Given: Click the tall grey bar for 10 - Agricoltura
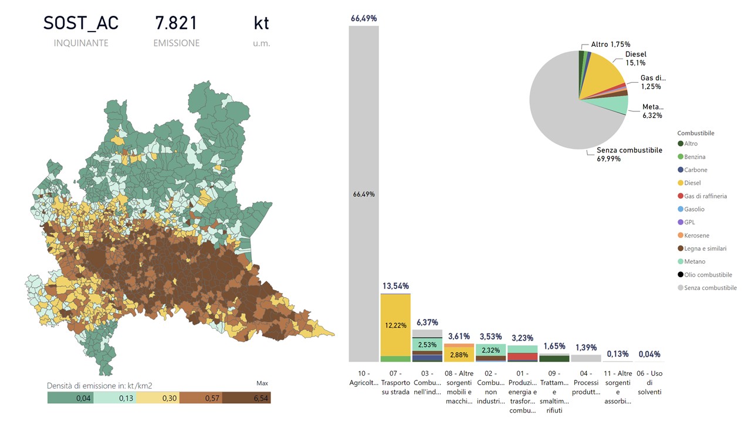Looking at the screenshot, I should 364,193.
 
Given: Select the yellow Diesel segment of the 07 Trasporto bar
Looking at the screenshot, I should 395,325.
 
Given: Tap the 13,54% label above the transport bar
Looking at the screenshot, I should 395,285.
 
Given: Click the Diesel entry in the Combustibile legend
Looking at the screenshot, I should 692,183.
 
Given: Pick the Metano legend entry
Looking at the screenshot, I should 694,261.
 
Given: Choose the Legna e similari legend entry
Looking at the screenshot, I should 705,249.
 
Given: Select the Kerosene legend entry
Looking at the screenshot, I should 696,235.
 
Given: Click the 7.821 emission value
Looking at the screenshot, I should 176,23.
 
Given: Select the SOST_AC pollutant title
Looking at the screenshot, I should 81,23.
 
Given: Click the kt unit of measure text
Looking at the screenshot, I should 261,23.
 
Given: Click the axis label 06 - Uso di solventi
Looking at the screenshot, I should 649,383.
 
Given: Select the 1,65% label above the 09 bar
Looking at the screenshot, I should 554,347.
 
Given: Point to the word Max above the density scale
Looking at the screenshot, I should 262,383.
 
